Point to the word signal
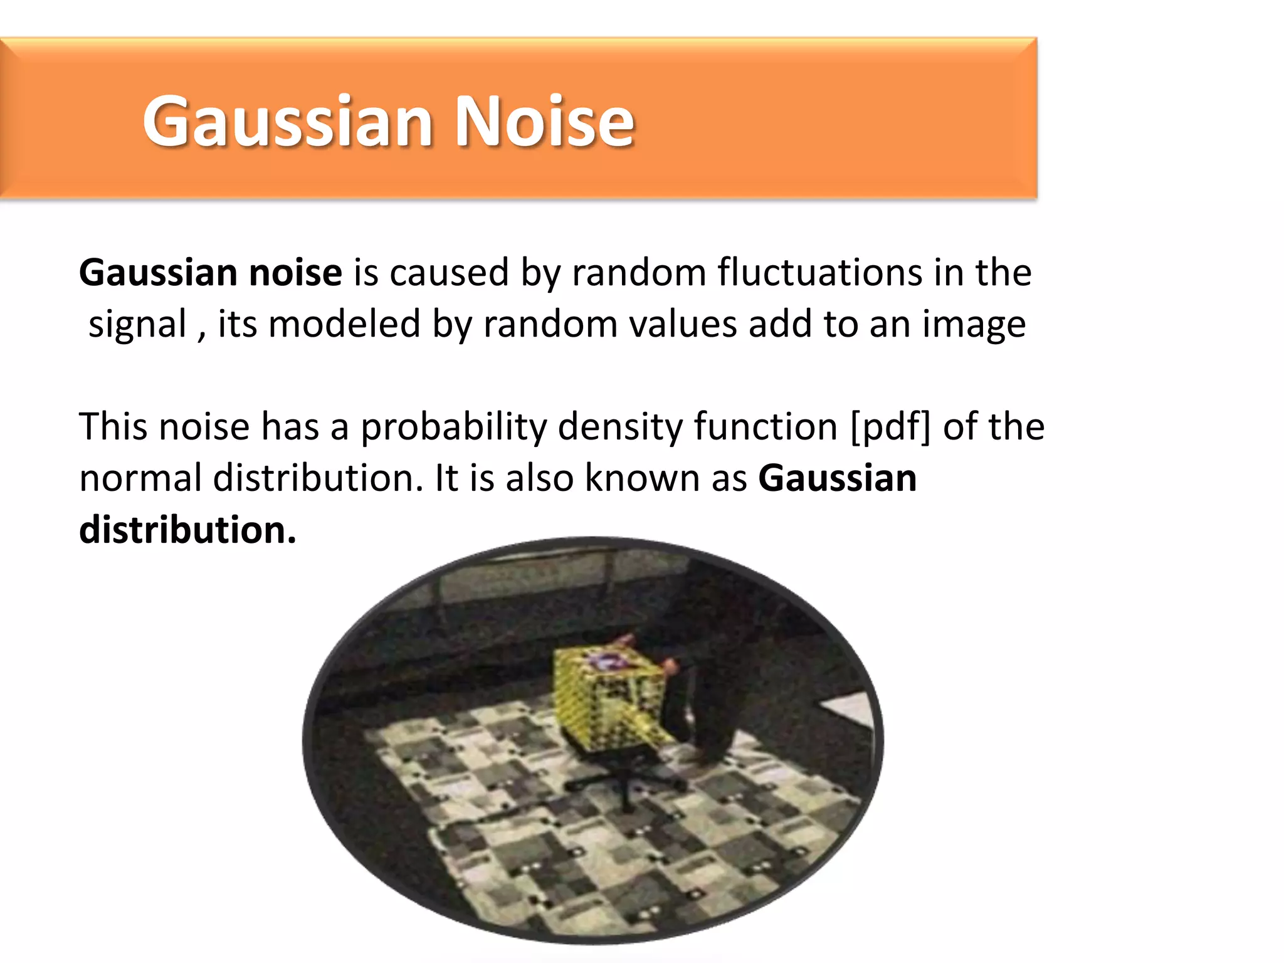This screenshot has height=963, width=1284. coord(138,324)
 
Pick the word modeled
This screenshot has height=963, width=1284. coord(344,324)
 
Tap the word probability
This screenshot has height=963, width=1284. coord(453,428)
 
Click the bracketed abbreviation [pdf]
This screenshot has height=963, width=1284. coord(890,428)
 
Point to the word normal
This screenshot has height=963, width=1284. coord(140,478)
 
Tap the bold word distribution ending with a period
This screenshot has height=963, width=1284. coord(187,530)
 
